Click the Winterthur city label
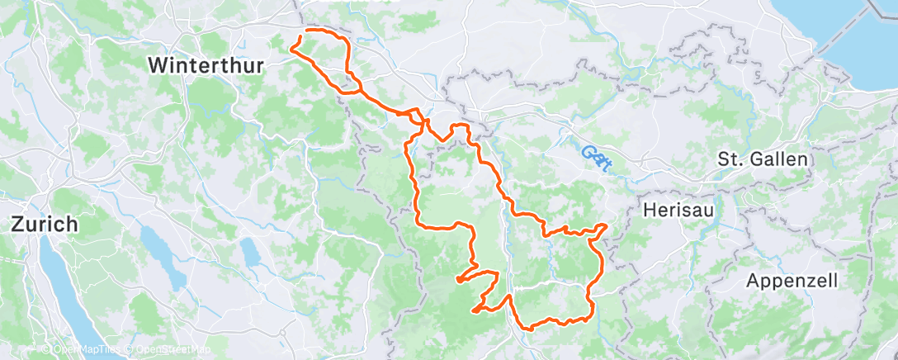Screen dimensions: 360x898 pyautogui.click(x=206, y=65)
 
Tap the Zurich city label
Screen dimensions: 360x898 pyautogui.click(x=45, y=224)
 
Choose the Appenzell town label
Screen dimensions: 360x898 pyautogui.click(x=792, y=280)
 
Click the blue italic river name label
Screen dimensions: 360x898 pyautogui.click(x=595, y=156)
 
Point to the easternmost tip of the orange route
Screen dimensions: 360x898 pyautogui.click(x=607, y=225)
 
